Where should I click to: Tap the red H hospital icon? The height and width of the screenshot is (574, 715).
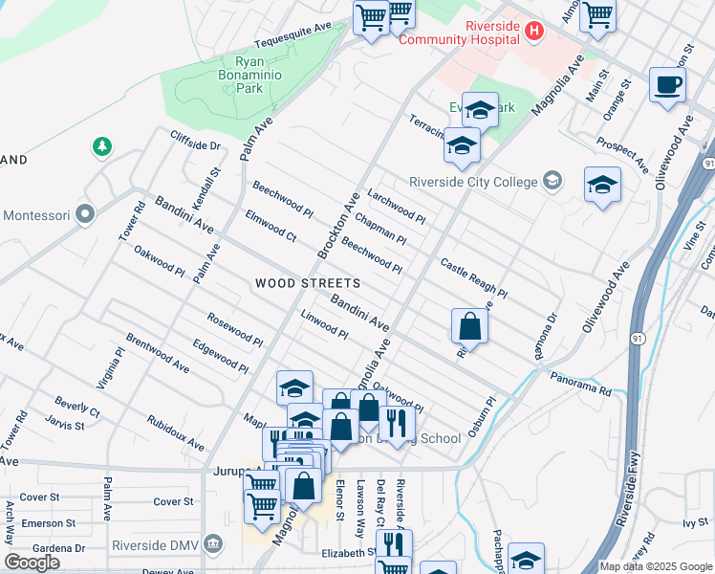click(534, 33)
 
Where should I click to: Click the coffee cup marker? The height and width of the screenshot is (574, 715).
click(667, 84)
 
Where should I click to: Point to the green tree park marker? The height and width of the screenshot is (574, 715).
click(101, 146)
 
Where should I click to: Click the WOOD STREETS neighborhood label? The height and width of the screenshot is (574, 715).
click(308, 283)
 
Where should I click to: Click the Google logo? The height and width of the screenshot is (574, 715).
click(32, 563)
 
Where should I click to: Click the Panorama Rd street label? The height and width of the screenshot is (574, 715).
click(580, 385)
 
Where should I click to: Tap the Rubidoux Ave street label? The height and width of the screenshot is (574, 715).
click(176, 433)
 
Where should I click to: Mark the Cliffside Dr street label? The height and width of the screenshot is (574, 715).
click(196, 141)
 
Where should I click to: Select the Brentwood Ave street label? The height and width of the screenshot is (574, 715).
click(157, 353)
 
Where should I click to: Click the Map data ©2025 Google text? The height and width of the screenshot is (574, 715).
click(657, 565)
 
